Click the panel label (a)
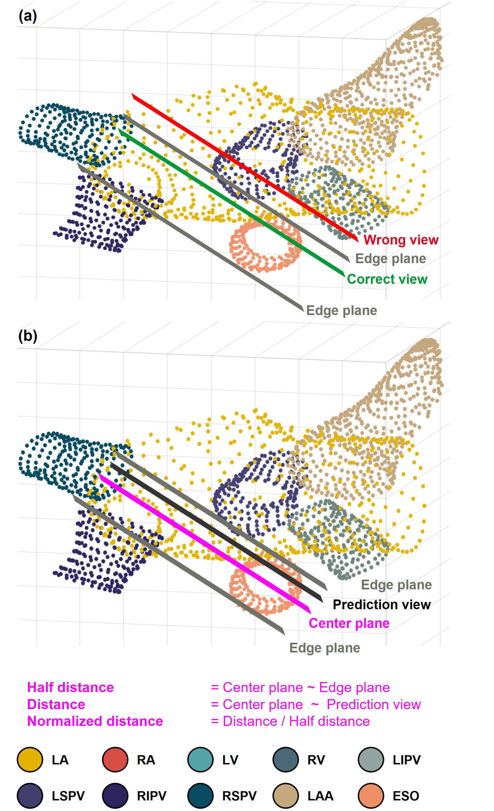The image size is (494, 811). click(x=28, y=16)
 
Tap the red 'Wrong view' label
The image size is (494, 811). click(x=401, y=240)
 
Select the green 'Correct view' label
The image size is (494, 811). click(x=387, y=279)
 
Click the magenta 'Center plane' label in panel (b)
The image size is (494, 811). click(x=349, y=623)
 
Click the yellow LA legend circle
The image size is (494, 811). click(x=30, y=760)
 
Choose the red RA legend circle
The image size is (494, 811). click(x=115, y=760)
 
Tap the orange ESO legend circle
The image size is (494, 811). click(x=371, y=796)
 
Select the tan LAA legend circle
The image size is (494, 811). click(x=286, y=796)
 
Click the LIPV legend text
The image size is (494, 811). click(x=407, y=760)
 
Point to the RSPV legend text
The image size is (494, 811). click(x=239, y=796)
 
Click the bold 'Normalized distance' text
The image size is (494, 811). click(x=95, y=721)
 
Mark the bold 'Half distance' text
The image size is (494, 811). click(x=70, y=688)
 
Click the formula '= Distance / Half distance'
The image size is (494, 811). click(x=290, y=721)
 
